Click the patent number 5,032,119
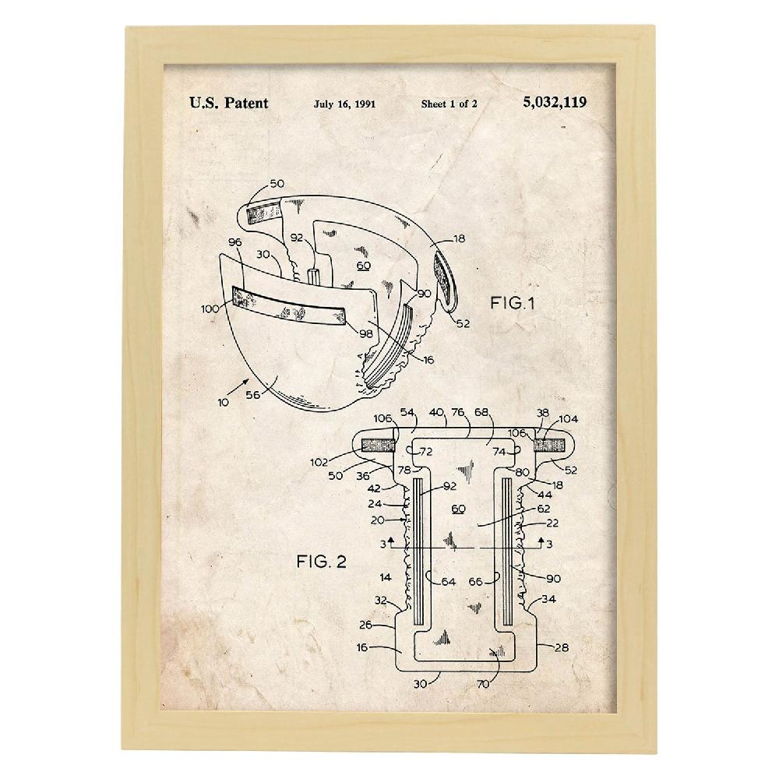[x=555, y=102]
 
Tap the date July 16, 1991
[x=344, y=104]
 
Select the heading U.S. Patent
[x=228, y=103]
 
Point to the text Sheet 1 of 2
[x=449, y=104]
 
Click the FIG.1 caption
[x=513, y=302]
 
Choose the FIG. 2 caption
[x=322, y=562]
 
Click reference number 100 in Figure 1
[x=210, y=308]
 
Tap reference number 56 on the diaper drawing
[x=253, y=394]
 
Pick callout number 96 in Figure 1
[x=235, y=242]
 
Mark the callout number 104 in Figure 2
[x=569, y=419]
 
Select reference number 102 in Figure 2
[x=319, y=462]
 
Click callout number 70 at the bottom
[x=483, y=684]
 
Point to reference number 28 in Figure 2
[x=562, y=647]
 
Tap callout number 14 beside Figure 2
[x=386, y=577]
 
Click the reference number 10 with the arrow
[x=223, y=402]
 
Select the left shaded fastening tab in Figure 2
[x=379, y=445]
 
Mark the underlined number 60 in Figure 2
[x=459, y=509]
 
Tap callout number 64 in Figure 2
[x=448, y=581]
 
